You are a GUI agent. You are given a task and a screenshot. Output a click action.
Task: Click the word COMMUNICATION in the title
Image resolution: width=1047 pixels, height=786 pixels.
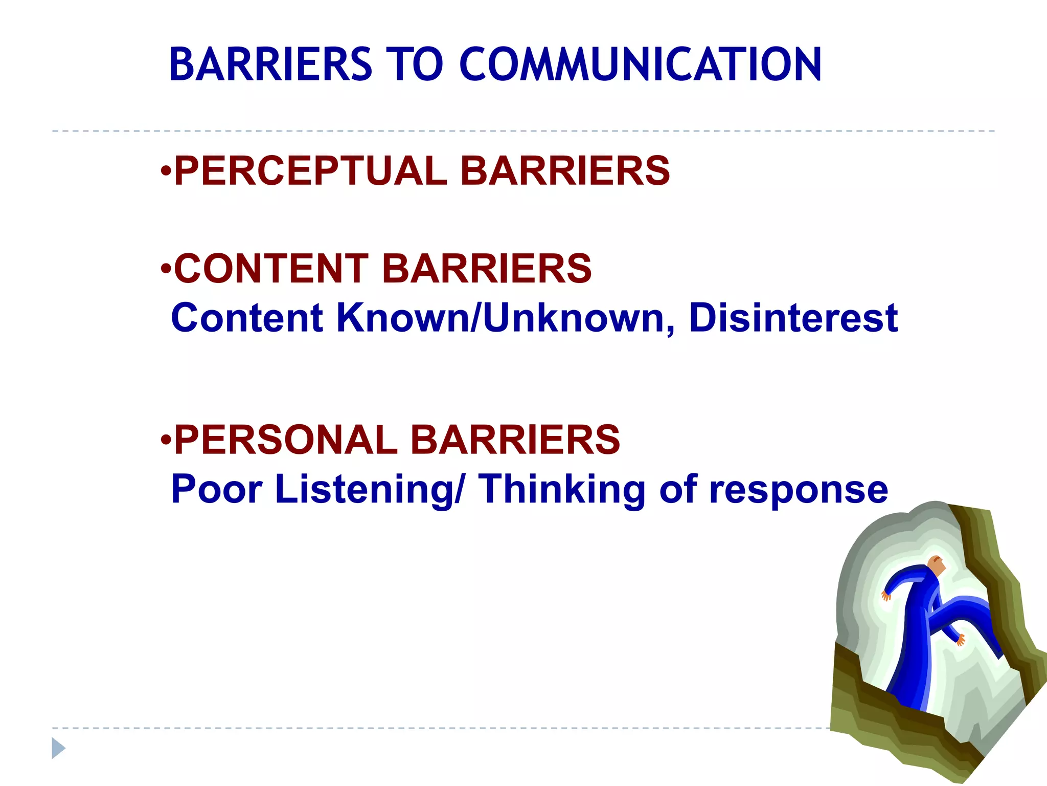point(640,64)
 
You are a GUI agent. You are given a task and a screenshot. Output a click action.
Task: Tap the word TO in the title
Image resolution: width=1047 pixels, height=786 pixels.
point(415,64)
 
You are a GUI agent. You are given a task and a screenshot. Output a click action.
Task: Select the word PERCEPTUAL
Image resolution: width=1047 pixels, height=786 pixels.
point(310,171)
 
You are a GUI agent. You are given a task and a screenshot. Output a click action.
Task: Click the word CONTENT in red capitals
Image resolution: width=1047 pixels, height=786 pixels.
point(271,269)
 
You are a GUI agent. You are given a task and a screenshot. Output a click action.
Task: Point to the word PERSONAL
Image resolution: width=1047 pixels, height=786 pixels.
point(285,440)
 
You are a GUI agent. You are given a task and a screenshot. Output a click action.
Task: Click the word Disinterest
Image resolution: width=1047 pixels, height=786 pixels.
point(793,318)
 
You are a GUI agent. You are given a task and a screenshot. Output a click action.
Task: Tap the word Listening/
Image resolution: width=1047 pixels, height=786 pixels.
point(370,489)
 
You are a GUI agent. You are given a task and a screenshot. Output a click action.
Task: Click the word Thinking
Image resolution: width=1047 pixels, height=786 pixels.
point(562,489)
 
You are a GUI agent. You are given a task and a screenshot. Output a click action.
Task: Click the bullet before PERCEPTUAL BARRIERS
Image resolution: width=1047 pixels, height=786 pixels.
point(165,170)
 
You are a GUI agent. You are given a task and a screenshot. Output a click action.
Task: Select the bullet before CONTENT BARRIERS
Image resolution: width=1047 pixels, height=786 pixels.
point(165,268)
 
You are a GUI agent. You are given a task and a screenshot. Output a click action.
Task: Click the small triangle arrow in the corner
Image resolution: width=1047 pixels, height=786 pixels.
point(58,748)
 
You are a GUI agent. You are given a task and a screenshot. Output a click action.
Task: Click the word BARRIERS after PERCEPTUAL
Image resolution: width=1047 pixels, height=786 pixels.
point(565,171)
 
